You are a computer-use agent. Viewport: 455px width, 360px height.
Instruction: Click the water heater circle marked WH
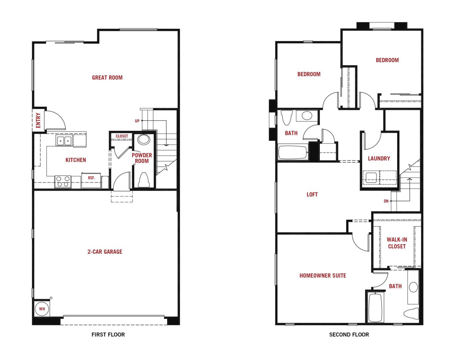click(42, 309)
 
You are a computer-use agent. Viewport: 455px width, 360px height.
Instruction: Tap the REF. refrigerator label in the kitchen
click(92, 178)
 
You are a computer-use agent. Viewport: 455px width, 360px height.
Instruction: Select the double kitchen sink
click(64, 141)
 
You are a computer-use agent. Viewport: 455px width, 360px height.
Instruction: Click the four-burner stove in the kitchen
click(63, 182)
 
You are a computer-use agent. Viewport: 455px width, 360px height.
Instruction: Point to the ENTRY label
click(38, 120)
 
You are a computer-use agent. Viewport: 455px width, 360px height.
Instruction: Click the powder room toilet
click(144, 180)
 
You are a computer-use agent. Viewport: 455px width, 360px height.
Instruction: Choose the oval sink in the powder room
click(144, 140)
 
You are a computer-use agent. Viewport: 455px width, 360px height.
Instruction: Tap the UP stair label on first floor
click(137, 121)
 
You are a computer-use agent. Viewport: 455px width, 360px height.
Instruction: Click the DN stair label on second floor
click(386, 201)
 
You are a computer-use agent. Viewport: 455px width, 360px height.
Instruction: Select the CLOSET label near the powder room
click(122, 136)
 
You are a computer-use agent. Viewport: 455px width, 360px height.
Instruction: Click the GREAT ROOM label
click(107, 77)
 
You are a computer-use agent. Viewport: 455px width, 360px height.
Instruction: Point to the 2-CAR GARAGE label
click(105, 252)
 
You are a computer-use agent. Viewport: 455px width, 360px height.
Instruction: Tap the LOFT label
click(312, 194)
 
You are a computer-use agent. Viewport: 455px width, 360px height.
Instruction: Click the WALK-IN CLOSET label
click(397, 243)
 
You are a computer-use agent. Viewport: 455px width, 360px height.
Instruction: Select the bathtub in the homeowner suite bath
click(375, 307)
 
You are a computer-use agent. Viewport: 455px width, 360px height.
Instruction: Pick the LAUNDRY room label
click(379, 158)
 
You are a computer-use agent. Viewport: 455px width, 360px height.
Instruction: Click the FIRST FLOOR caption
click(108, 335)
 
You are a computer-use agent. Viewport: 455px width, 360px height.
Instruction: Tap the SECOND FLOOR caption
click(349, 335)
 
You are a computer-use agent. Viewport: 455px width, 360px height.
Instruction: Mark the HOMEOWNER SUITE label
click(323, 275)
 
